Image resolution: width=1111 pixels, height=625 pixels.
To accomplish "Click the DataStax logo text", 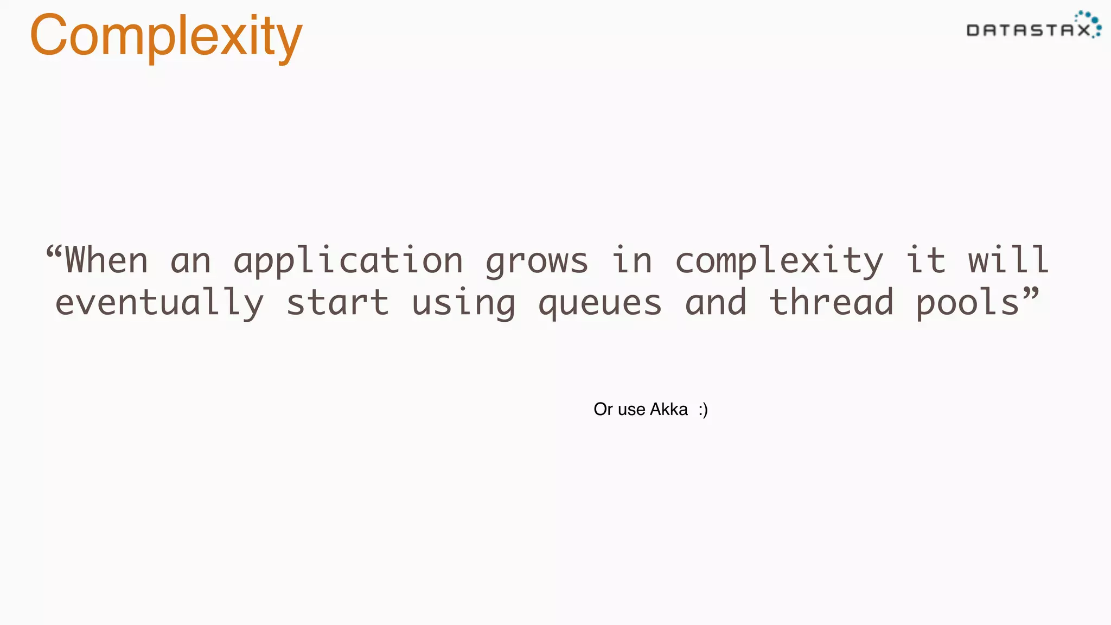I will pyautogui.click(x=1029, y=30).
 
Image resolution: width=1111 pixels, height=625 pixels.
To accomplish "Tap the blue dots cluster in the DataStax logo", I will pyautogui.click(x=1089, y=22).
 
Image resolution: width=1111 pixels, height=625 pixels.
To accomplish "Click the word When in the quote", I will pyautogui.click(x=106, y=260).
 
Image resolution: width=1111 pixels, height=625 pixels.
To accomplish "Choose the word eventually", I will pyautogui.click(x=159, y=303).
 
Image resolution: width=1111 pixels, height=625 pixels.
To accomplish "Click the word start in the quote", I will pyautogui.click(x=337, y=302).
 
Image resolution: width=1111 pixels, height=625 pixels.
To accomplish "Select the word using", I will pyautogui.click(x=463, y=303).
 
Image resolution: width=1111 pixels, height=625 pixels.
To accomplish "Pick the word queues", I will pyautogui.click(x=600, y=303).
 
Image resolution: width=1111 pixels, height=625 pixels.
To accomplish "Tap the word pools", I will pyautogui.click(x=968, y=303).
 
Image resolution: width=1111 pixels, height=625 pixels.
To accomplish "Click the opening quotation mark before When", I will pyautogui.click(x=54, y=252).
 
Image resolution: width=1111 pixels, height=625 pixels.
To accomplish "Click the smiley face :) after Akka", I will pyautogui.click(x=703, y=410).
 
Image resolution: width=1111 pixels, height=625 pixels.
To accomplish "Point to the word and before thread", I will pyautogui.click(x=716, y=302).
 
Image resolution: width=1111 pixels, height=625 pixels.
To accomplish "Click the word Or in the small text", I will pyautogui.click(x=603, y=409).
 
